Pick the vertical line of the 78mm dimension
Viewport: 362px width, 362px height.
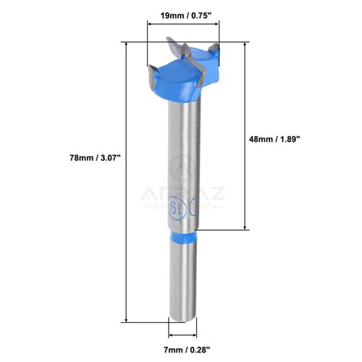(127, 181)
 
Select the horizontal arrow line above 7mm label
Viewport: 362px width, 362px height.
(183, 336)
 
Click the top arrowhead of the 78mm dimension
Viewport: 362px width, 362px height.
(127, 45)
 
